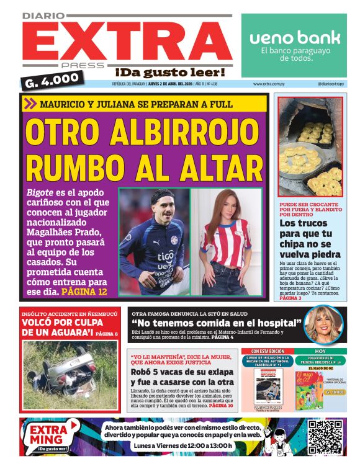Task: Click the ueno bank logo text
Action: click(295, 38)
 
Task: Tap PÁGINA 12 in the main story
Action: click(84, 291)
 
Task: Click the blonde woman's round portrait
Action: click(323, 324)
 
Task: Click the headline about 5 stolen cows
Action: click(182, 378)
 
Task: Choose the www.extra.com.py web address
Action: click(269, 84)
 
